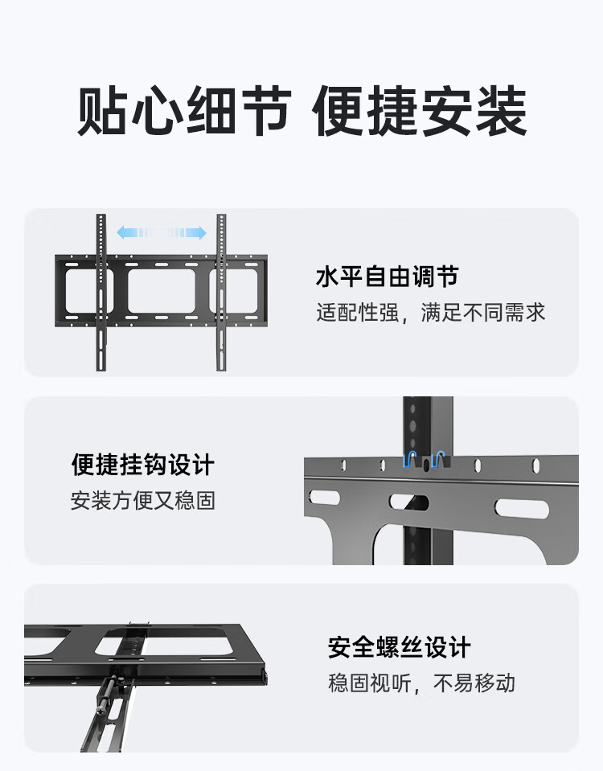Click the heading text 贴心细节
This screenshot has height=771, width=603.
[184, 111]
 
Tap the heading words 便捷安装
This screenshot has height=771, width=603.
[420, 111]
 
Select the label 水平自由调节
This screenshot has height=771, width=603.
[388, 277]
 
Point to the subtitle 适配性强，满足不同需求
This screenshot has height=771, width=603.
[431, 313]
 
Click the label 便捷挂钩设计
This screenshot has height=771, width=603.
[143, 465]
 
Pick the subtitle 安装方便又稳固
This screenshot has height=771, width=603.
[143, 501]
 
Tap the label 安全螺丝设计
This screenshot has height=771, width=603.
[400, 647]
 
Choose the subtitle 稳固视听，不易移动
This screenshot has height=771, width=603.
[422, 683]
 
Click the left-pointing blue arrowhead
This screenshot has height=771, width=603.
[123, 232]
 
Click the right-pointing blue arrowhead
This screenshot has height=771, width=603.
[199, 232]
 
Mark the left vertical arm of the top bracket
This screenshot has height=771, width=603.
[101, 293]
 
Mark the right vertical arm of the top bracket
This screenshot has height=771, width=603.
[221, 293]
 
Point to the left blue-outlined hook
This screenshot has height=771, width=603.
[410, 460]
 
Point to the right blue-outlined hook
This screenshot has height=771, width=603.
[437, 460]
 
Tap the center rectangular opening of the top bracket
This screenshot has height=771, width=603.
[162, 290]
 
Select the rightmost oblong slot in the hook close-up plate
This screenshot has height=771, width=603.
[521, 508]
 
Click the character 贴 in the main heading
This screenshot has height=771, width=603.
[102, 111]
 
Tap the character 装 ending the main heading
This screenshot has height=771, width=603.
[502, 111]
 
